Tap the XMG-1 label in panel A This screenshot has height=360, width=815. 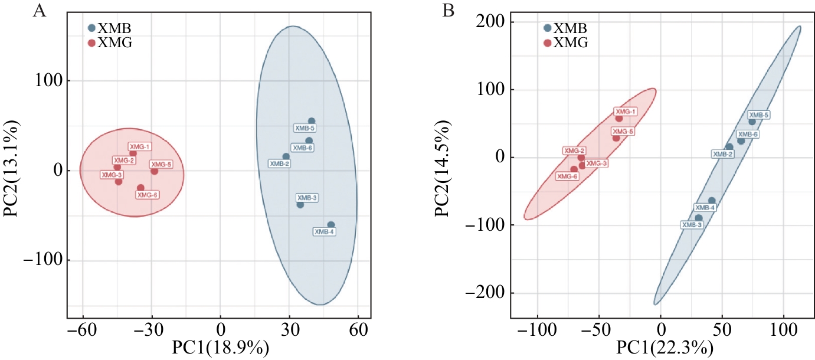pyautogui.click(x=140, y=146)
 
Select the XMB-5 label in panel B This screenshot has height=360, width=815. pyautogui.click(x=758, y=115)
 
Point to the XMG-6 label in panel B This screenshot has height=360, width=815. pyautogui.click(x=567, y=176)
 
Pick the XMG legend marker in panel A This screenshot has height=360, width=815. pyautogui.click(x=91, y=42)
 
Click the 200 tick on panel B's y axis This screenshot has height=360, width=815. pyautogui.click(x=486, y=22)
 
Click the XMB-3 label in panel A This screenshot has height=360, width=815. pyautogui.click(x=307, y=198)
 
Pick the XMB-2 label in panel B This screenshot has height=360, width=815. pyautogui.click(x=722, y=154)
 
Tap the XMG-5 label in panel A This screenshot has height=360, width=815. pyautogui.click(x=161, y=164)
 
